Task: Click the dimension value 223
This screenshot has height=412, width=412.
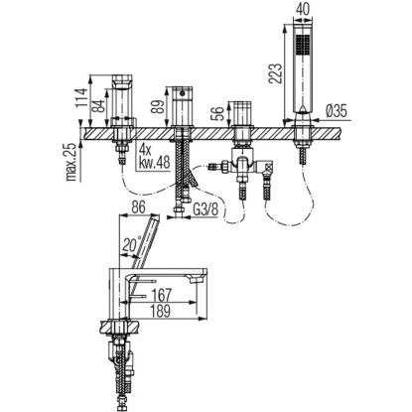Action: tap(275, 72)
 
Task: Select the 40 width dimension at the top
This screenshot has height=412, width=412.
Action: tap(303, 9)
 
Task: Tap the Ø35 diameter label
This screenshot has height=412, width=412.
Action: tap(335, 111)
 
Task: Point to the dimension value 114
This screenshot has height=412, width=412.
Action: tap(80, 97)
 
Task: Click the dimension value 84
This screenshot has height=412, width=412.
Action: tap(98, 105)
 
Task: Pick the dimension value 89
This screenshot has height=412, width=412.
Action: tap(159, 106)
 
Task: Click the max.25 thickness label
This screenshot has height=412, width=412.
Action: tap(73, 161)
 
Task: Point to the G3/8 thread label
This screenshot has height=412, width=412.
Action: tap(206, 209)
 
